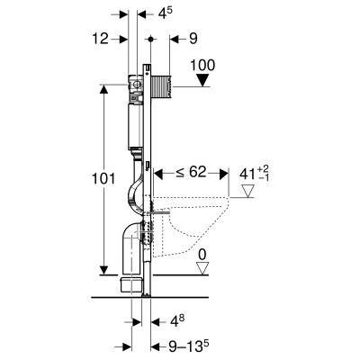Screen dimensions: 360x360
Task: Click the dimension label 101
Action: (103, 179)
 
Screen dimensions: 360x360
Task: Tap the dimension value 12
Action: (100, 39)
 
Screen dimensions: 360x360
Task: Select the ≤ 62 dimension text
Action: (191, 173)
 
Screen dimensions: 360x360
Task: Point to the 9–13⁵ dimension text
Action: (188, 346)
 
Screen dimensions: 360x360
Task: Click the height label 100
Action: (202, 66)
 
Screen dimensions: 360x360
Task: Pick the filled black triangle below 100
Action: (203, 80)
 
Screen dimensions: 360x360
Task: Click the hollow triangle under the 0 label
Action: (202, 268)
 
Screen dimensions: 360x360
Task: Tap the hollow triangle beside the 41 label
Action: (247, 191)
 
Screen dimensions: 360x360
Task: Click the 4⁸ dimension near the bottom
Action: (177, 322)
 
